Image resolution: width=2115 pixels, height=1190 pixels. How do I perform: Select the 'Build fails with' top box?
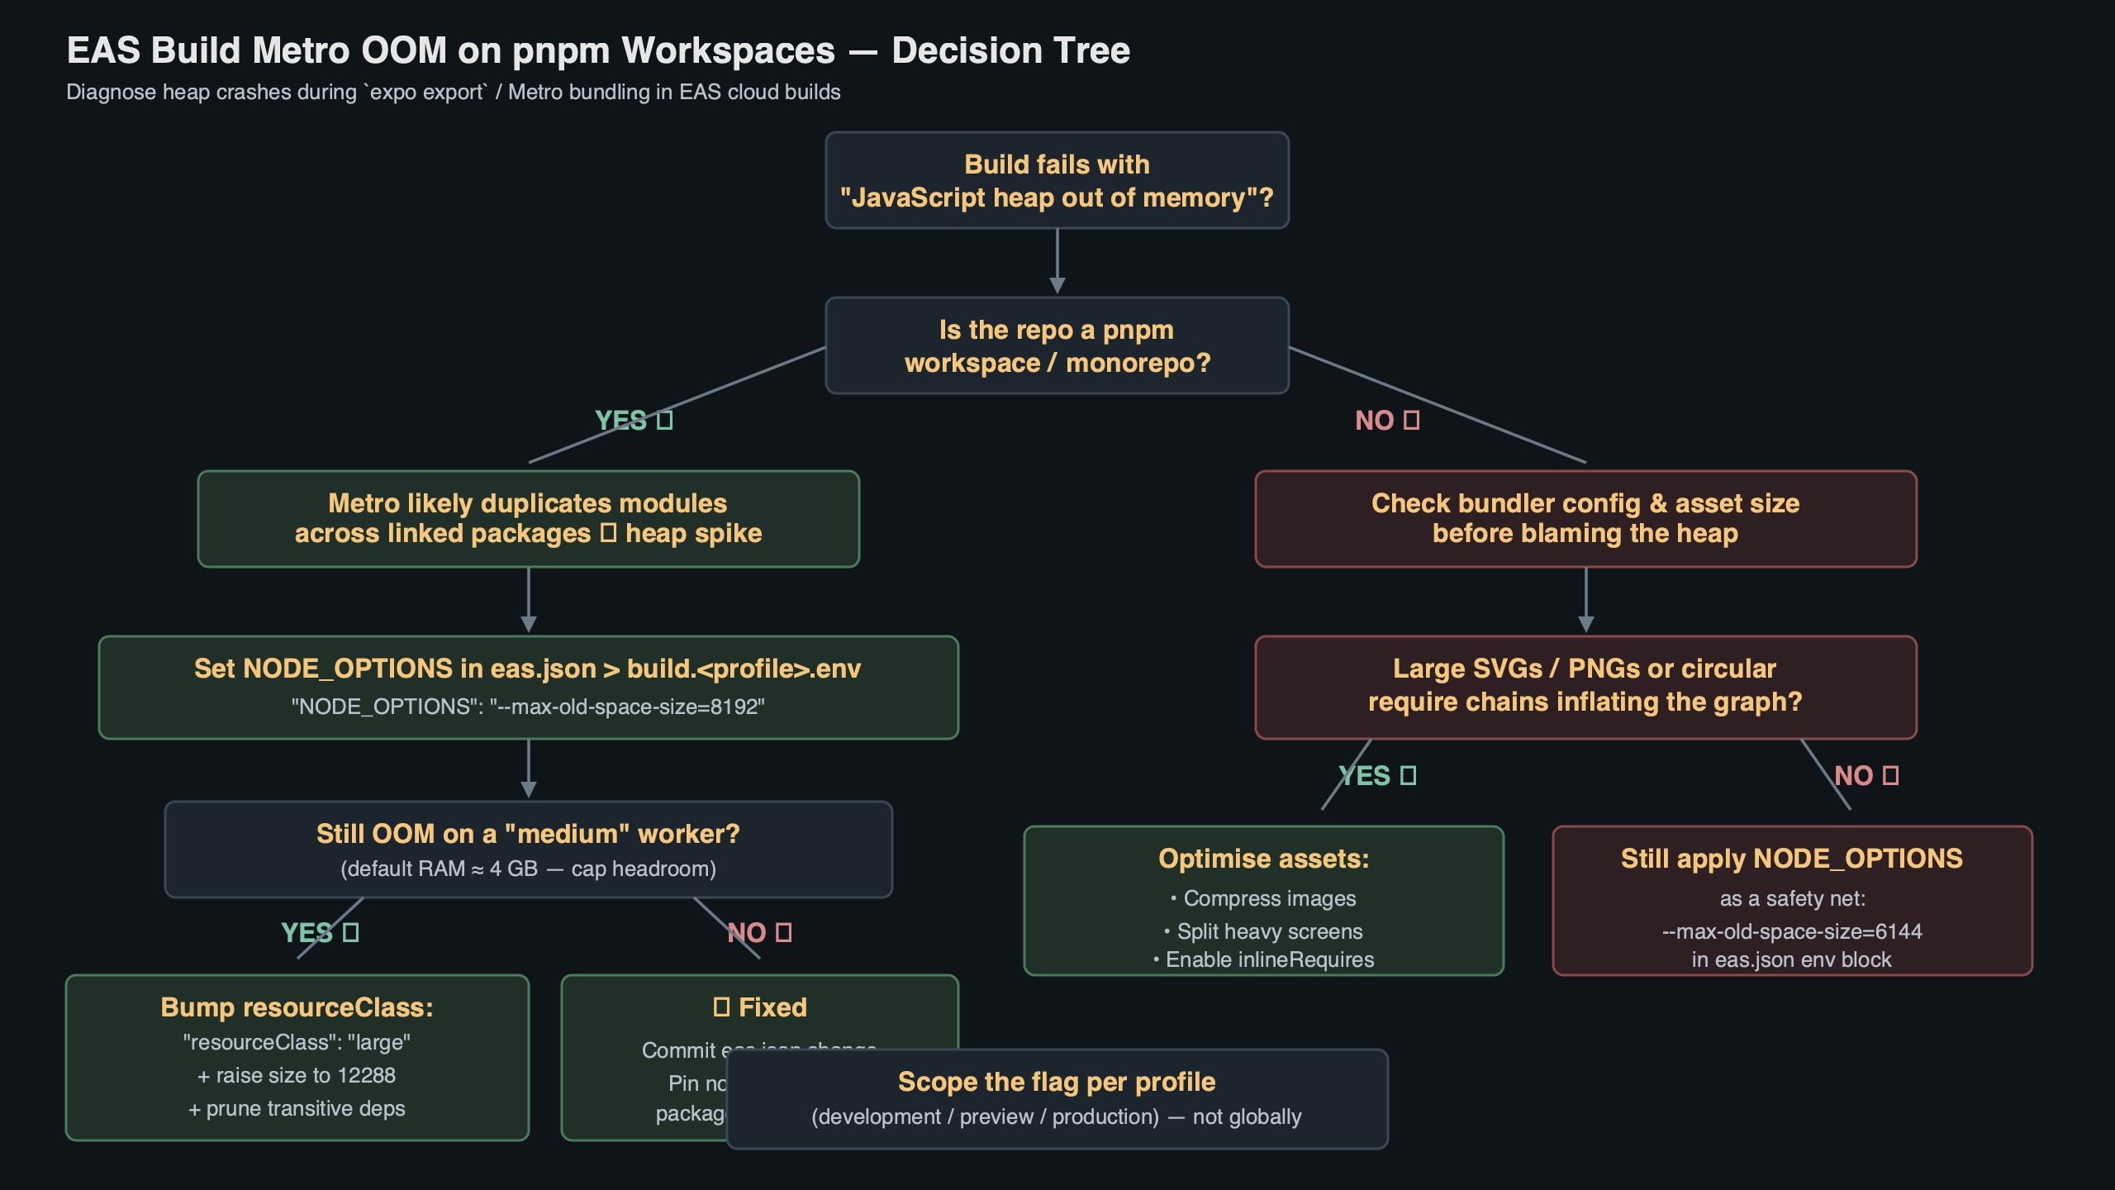pyautogui.click(x=1057, y=180)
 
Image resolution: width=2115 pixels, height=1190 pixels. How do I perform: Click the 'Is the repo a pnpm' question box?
pyautogui.click(x=1057, y=345)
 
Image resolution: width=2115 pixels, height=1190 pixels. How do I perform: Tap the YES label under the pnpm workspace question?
pyautogui.click(x=633, y=421)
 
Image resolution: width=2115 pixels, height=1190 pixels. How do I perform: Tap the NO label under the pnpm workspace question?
pyautogui.click(x=1386, y=421)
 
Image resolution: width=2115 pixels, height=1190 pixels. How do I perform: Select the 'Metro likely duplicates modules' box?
pyautogui.click(x=528, y=519)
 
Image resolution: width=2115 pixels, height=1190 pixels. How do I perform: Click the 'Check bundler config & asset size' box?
pyautogui.click(x=1585, y=519)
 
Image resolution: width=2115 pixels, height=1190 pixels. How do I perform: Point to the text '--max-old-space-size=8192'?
pyautogui.click(x=627, y=707)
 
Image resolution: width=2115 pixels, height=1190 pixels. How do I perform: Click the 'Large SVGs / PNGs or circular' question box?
pyautogui.click(x=1585, y=686)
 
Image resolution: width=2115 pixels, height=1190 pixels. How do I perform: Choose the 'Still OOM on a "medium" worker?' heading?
pyautogui.click(x=528, y=834)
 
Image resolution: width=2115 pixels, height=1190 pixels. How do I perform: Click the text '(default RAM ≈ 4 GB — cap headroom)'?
pyautogui.click(x=528, y=869)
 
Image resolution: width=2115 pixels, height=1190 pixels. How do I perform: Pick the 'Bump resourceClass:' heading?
pyautogui.click(x=297, y=1007)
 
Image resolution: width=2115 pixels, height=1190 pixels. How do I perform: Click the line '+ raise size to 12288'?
pyautogui.click(x=297, y=1076)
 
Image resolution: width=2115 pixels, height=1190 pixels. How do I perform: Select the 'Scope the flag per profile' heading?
pyautogui.click(x=1057, y=1082)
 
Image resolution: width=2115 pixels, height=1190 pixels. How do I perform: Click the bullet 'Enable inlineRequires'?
pyautogui.click(x=1268, y=960)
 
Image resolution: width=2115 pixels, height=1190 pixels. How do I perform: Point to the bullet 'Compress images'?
pyautogui.click(x=1268, y=899)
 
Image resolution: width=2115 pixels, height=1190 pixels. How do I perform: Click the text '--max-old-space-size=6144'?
pyautogui.click(x=1791, y=932)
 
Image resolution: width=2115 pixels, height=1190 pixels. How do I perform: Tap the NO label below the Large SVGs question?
pyautogui.click(x=1865, y=776)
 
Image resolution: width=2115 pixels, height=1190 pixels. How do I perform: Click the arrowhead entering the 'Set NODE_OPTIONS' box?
pyautogui.click(x=529, y=626)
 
